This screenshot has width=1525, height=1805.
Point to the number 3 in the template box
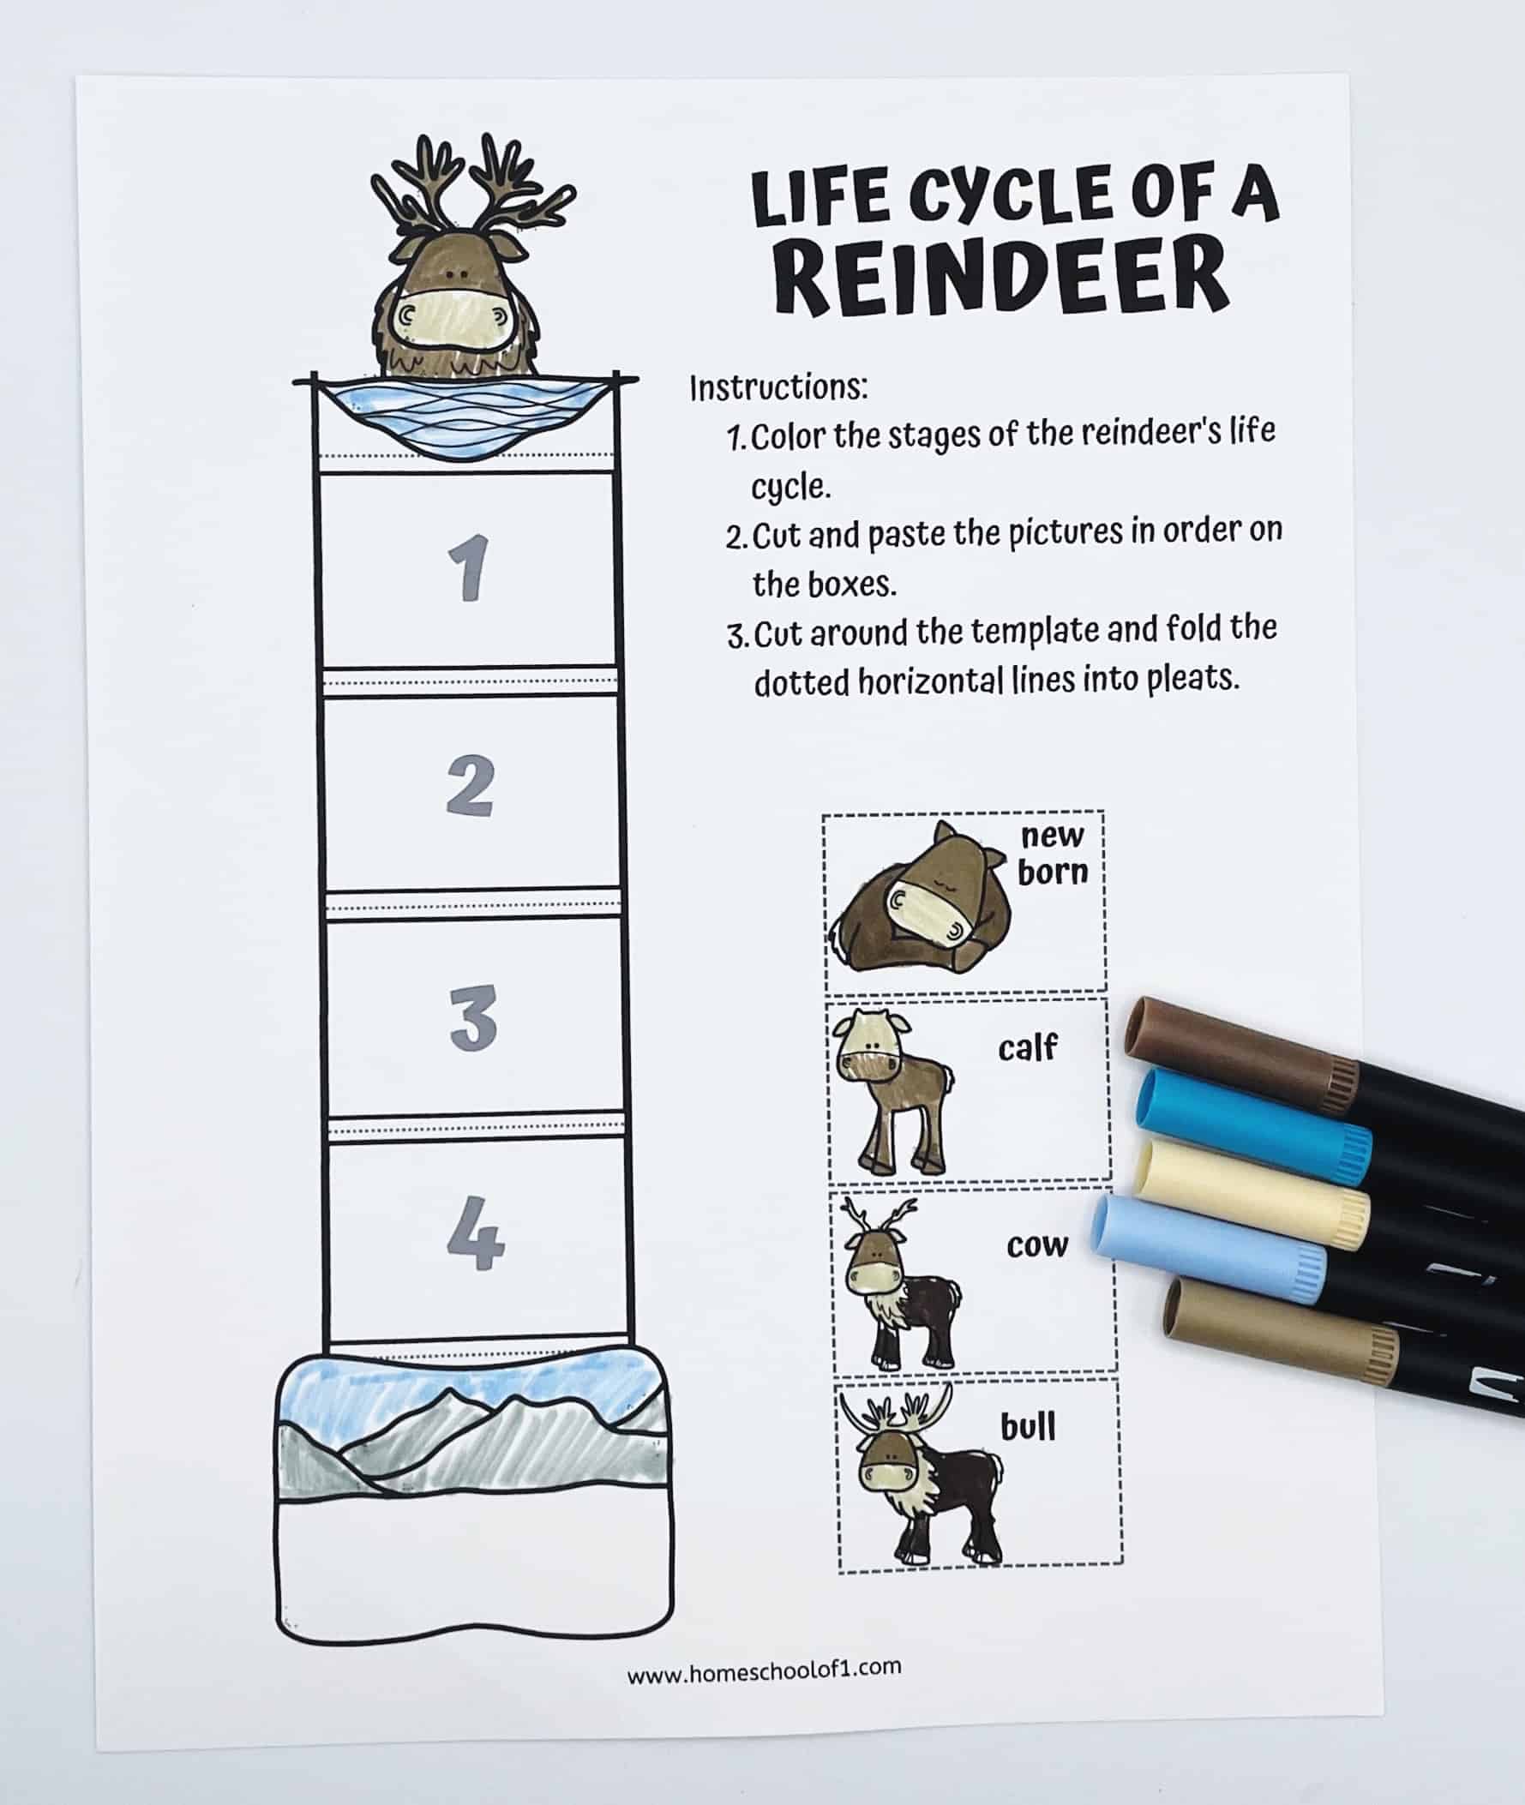coord(474,1017)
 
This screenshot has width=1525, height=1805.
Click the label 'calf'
coord(1027,1047)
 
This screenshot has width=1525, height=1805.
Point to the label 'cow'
coord(1036,1245)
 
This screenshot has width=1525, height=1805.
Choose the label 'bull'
coord(1028,1426)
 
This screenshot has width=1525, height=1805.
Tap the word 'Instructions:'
coord(778,388)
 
